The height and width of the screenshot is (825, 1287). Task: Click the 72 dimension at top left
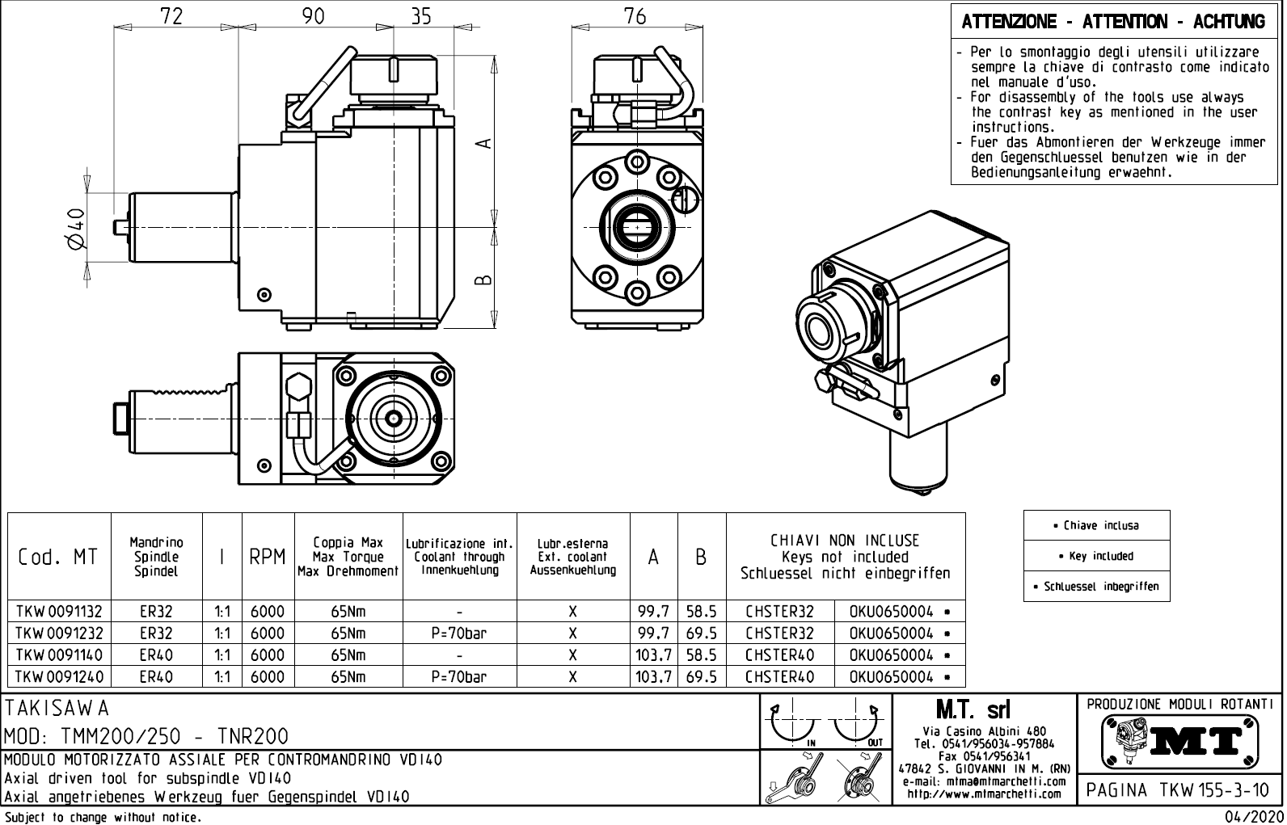tap(171, 16)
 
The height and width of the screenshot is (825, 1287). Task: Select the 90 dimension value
tap(314, 16)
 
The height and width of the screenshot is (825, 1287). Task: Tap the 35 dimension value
tap(421, 16)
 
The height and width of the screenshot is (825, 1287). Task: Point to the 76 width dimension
tap(635, 16)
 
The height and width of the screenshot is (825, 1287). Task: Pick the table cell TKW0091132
tap(58, 612)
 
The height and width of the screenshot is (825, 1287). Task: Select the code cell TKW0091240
tap(58, 677)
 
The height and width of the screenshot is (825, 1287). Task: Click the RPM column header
tap(268, 558)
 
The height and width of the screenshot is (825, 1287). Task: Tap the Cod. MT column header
tap(58, 558)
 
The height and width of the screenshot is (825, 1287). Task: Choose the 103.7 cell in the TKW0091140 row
tap(653, 655)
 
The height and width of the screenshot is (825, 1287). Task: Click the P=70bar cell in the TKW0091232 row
tap(458, 633)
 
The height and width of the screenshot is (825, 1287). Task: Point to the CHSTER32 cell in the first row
tap(779, 612)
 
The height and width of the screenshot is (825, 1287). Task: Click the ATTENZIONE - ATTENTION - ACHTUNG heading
tap(1112, 22)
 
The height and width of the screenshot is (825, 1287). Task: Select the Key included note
tap(1096, 556)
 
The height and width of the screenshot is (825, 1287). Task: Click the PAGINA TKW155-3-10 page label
tap(1179, 789)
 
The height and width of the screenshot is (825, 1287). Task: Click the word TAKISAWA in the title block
tap(57, 709)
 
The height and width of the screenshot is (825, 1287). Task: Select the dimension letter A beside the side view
tap(483, 143)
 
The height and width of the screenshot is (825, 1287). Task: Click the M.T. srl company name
tap(973, 710)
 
